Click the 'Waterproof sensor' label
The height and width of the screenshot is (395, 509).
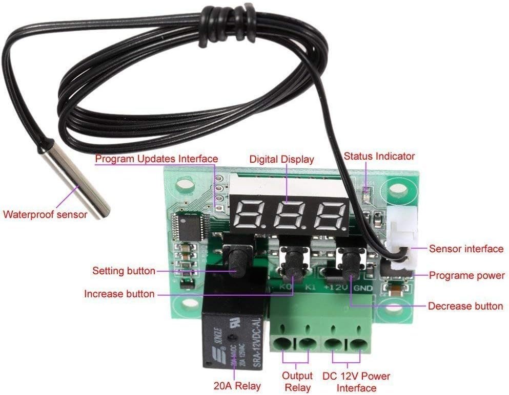tap(45, 214)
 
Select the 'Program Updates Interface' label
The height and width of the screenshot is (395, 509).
tap(156, 159)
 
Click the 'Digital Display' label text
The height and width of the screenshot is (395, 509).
tap(281, 159)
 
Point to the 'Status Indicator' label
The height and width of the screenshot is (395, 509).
tap(379, 156)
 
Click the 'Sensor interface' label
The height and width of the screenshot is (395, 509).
tap(466, 249)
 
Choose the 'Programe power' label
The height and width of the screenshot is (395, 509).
tap(466, 275)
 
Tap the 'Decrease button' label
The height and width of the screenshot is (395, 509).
tap(465, 306)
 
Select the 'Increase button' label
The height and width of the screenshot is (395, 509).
tap(119, 294)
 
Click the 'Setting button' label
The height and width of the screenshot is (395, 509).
tap(124, 270)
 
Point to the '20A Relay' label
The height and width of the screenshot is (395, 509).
tap(237, 385)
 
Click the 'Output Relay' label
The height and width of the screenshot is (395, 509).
tap(297, 381)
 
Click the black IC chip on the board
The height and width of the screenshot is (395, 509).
tap(186, 225)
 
